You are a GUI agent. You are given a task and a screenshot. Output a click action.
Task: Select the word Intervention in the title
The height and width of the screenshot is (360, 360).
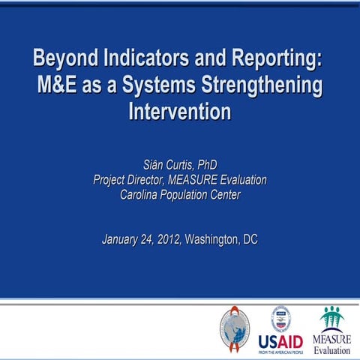click(x=179, y=112)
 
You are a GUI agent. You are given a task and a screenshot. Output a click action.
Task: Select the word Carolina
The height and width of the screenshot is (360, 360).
click(x=142, y=196)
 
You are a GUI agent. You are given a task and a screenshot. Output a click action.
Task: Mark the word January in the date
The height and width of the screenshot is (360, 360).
click(x=126, y=240)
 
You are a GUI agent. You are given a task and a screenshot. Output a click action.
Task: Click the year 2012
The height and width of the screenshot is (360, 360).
click(x=169, y=240)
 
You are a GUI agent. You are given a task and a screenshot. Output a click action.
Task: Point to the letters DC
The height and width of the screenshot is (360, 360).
click(x=250, y=240)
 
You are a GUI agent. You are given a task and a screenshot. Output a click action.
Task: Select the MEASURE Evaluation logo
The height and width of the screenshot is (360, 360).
click(x=331, y=331)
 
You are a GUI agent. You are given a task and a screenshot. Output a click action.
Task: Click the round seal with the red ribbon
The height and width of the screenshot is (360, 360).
click(x=234, y=327)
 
